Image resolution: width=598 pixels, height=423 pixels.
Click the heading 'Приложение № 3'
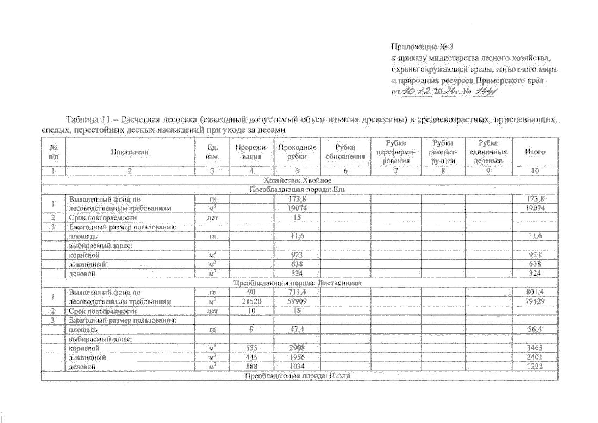(423, 47)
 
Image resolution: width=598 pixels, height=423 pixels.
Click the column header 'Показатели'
(130, 152)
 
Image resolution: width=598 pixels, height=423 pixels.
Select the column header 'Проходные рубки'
(297, 152)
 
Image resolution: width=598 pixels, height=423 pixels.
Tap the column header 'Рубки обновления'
(345, 152)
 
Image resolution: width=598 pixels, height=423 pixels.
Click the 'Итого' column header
(535, 152)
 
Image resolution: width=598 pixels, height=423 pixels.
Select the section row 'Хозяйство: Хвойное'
(298, 180)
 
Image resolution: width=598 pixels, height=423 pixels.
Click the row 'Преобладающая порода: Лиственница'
(298, 283)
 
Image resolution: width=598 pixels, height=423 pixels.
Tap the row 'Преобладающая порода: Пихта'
(298, 376)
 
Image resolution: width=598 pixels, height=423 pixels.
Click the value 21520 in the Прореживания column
(251, 302)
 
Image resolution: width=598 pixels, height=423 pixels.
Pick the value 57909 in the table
(297, 302)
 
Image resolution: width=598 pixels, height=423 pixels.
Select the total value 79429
(535, 302)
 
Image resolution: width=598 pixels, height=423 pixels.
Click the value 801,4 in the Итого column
(535, 292)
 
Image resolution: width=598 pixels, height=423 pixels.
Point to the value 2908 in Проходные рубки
(297, 348)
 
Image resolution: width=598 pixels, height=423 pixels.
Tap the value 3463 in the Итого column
(535, 348)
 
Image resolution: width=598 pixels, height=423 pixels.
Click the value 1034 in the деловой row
(297, 367)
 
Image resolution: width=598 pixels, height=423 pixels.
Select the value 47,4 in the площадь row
(297, 330)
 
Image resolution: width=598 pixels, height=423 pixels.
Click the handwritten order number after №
(485, 92)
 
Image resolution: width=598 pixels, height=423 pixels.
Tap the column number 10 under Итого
(535, 171)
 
